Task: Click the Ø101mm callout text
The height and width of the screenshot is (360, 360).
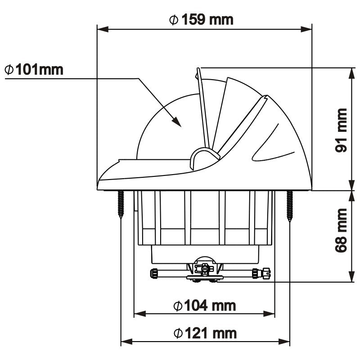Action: [33, 70]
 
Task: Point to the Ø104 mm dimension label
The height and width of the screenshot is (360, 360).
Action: [205, 306]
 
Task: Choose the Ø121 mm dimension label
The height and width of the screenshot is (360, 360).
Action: [205, 333]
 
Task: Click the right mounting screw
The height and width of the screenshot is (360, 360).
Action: [289, 205]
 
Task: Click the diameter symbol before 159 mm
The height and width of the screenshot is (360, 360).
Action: [173, 19]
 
